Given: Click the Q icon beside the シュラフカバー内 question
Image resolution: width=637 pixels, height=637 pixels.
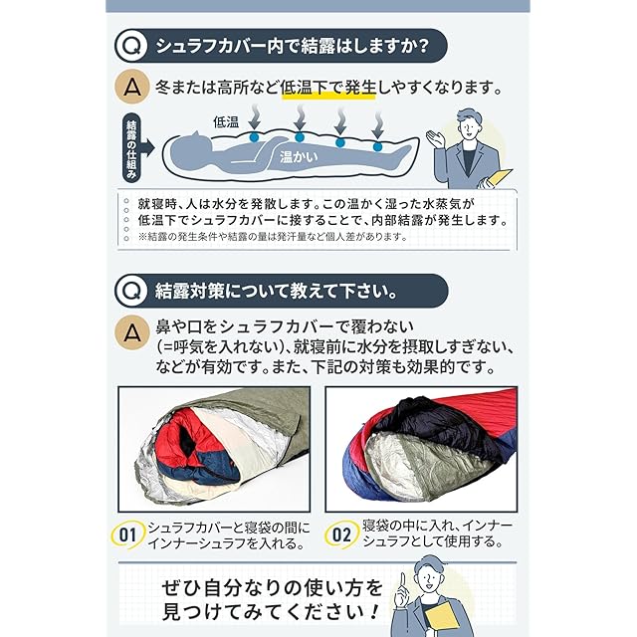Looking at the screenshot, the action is click(130, 46).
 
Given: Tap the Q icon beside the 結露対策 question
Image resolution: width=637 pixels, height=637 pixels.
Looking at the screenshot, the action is click(130, 291).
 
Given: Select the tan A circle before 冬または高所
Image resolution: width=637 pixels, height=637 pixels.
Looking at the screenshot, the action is click(131, 87).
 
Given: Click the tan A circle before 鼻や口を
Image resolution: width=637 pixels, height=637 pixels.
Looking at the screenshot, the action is click(131, 332).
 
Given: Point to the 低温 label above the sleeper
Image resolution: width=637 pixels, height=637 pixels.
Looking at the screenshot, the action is click(226, 121).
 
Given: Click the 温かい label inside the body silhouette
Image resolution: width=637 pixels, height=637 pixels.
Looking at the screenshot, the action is click(299, 156).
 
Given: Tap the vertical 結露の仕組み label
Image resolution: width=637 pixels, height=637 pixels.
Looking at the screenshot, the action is click(131, 148).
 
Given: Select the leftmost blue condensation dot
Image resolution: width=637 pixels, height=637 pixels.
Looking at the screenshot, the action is click(254, 137).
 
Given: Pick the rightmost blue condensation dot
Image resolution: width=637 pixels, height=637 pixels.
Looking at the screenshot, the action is click(377, 146).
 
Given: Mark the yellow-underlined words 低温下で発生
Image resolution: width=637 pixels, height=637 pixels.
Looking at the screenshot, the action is click(328, 88).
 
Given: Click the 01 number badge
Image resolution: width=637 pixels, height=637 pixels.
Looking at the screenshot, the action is click(127, 534).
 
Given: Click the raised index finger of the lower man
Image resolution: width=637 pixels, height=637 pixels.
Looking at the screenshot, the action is click(402, 579).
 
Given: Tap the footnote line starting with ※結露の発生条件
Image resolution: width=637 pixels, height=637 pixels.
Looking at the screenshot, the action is click(273, 237).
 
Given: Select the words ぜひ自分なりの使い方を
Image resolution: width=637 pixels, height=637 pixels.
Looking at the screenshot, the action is click(273, 588).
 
